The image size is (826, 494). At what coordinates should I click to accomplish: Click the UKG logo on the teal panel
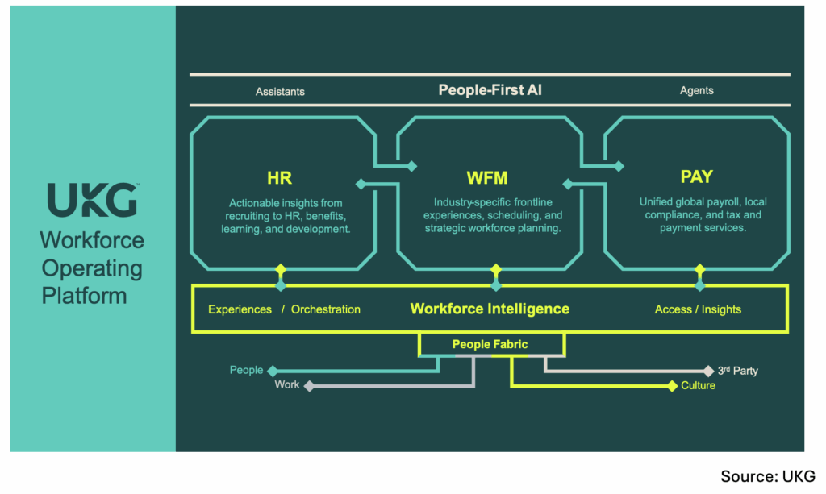tap(93, 199)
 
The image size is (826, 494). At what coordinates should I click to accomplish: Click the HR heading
tap(279, 178)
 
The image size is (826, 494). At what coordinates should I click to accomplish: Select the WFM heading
tap(487, 178)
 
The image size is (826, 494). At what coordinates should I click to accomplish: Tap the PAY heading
tap(696, 176)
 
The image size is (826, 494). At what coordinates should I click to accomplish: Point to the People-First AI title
tap(490, 90)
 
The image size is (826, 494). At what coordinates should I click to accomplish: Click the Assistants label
tap(280, 92)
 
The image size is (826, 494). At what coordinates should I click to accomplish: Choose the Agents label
tap(696, 90)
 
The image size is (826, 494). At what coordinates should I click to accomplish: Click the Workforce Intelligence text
tap(490, 309)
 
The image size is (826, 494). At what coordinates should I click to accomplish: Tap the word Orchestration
tap(326, 309)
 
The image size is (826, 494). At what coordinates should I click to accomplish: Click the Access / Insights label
tap(698, 309)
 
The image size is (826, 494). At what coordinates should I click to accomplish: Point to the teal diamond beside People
tap(273, 371)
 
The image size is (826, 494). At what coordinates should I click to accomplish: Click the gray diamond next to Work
tap(309, 386)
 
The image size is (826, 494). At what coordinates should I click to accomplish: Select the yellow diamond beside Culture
tap(672, 386)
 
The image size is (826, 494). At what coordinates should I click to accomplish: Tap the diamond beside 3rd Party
tap(708, 371)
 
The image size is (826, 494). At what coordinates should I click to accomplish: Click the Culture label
tap(698, 386)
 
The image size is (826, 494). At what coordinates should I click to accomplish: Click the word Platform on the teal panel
tap(84, 296)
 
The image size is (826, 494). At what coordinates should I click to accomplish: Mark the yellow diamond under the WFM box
tap(496, 270)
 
